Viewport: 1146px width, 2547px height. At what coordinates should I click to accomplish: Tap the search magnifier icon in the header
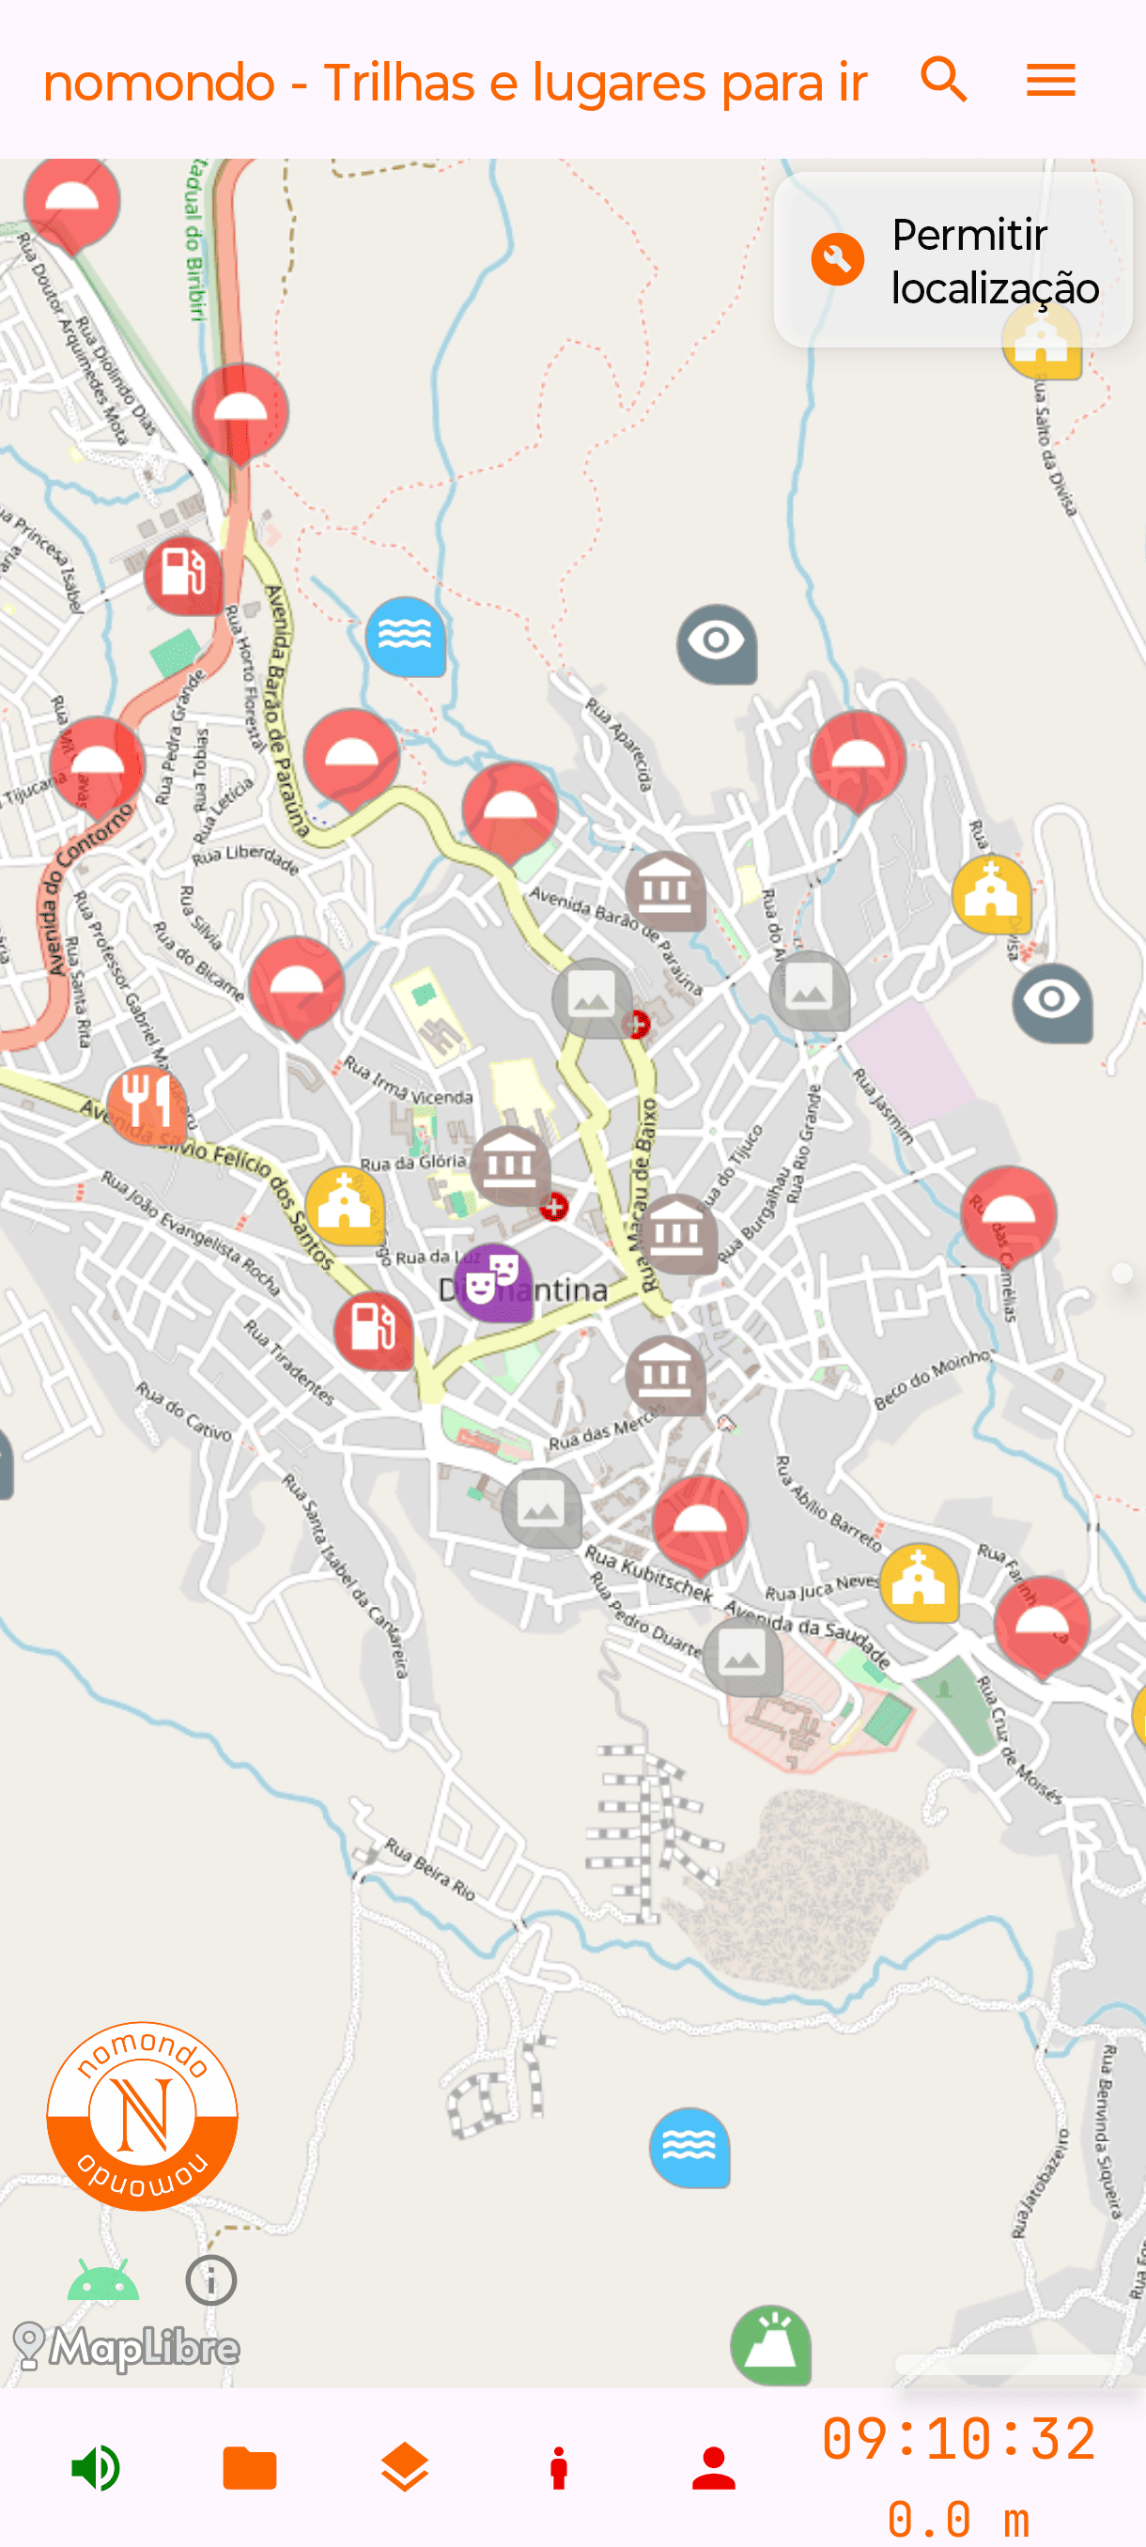943,80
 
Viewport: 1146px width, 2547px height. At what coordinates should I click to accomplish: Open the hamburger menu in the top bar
1050,80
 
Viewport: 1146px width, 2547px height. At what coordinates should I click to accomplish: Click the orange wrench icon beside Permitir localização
838,260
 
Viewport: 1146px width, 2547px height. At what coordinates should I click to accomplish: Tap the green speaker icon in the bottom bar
96,2468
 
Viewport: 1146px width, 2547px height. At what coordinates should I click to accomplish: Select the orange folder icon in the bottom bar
250,2468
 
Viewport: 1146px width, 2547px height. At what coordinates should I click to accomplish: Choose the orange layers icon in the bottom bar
405,2468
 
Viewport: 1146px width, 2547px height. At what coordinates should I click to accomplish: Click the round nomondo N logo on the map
143,2115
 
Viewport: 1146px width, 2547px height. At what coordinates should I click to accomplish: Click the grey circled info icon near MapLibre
210,2280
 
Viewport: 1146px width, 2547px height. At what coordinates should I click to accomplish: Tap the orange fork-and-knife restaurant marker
147,1103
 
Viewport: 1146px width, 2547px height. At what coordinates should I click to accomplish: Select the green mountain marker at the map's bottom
770,2344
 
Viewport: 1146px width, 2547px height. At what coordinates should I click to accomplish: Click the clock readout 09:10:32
958,2438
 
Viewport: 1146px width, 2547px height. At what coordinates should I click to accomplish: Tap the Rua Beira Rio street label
430,1869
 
